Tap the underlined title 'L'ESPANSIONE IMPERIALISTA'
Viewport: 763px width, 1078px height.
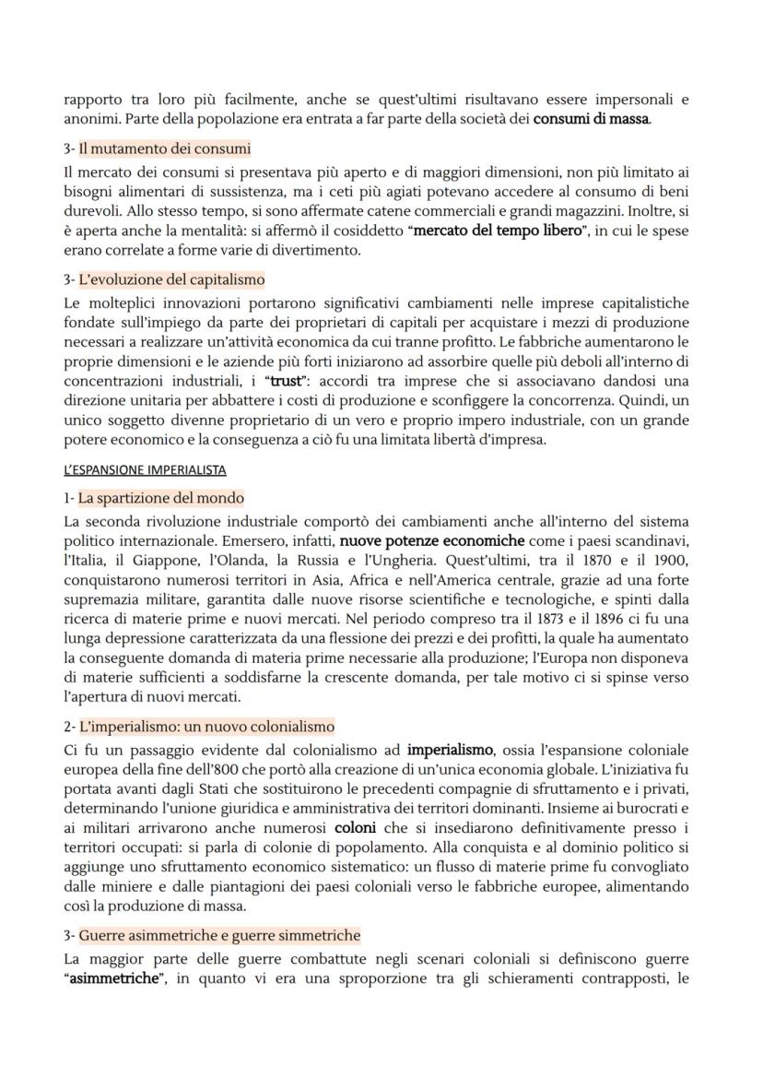(x=145, y=470)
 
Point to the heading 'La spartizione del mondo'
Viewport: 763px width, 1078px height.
(x=160, y=498)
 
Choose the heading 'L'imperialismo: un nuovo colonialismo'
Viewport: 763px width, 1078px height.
(x=205, y=727)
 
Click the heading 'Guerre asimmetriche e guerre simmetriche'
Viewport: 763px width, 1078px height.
(x=219, y=935)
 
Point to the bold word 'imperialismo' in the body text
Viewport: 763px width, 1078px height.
(x=450, y=750)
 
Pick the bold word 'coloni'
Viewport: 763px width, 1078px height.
(x=355, y=827)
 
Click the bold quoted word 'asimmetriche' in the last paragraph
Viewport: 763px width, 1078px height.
(x=117, y=977)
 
